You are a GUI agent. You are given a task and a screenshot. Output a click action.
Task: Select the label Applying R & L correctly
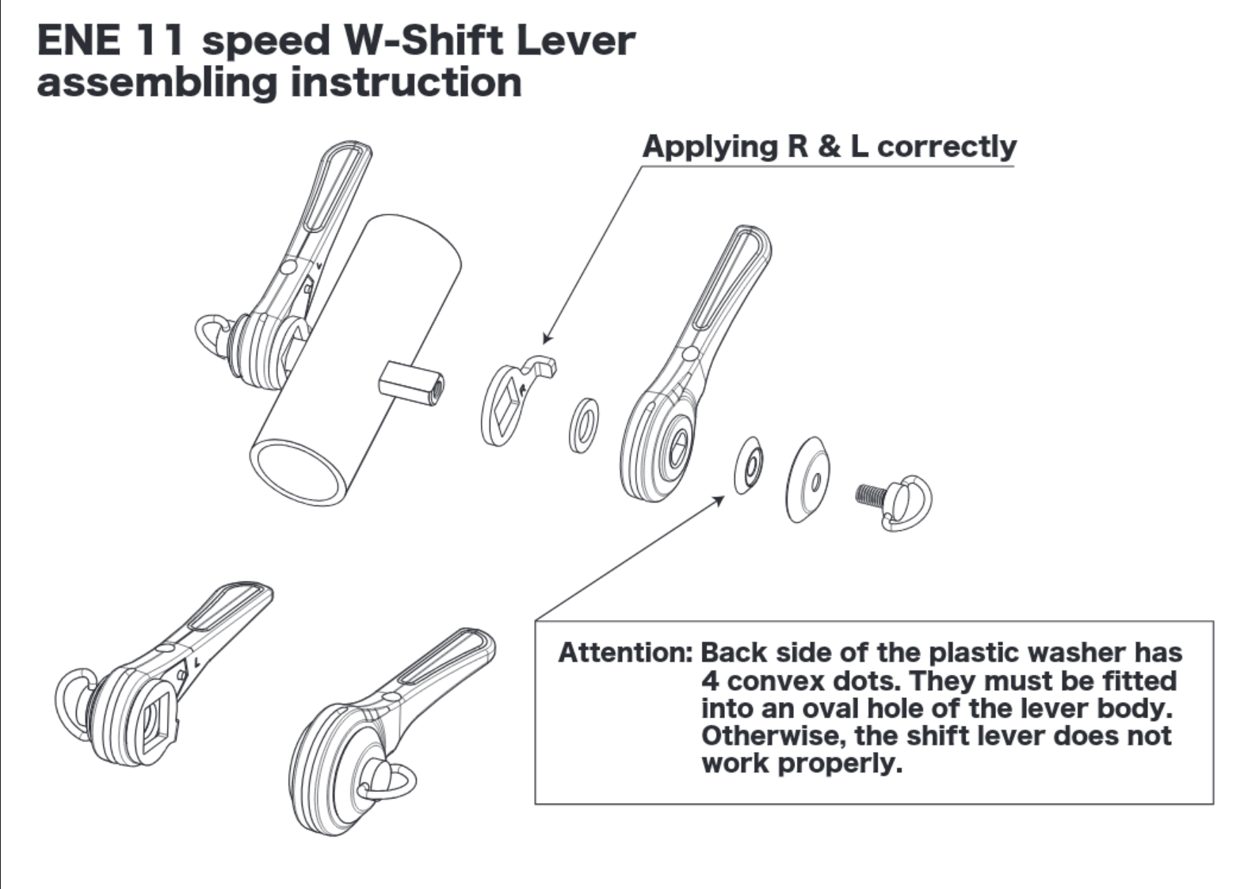829,147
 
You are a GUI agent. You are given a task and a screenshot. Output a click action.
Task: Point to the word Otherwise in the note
765,736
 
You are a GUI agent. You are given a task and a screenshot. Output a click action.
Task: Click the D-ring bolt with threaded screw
896,500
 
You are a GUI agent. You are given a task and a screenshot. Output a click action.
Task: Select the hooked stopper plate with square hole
511,400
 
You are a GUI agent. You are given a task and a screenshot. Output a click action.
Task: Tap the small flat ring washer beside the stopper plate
584,425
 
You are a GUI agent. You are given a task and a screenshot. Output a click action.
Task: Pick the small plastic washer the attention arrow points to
749,464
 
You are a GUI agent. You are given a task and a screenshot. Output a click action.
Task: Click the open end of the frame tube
298,472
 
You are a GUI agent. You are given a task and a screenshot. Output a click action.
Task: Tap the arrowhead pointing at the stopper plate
548,339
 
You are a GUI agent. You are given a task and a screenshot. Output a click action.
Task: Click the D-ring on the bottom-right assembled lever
391,780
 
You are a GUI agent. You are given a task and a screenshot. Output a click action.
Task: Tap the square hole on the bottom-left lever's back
155,717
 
